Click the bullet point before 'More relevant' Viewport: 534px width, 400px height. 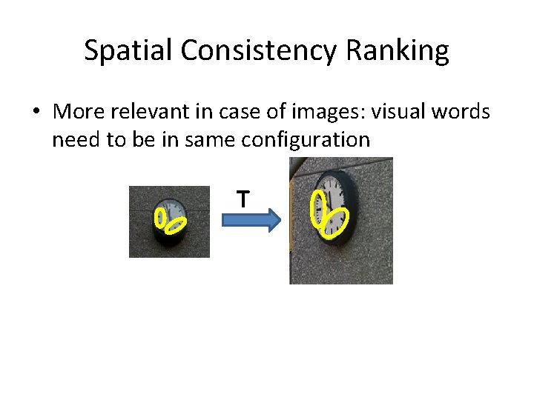pyautogui.click(x=36, y=113)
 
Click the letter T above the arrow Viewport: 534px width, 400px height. pyautogui.click(x=242, y=199)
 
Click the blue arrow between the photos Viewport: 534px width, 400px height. pyautogui.click(x=249, y=219)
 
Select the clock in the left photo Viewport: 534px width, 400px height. pyautogui.click(x=170, y=220)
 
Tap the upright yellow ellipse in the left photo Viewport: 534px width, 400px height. pyautogui.click(x=159, y=217)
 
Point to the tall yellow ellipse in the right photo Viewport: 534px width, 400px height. pyautogui.click(x=317, y=207)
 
